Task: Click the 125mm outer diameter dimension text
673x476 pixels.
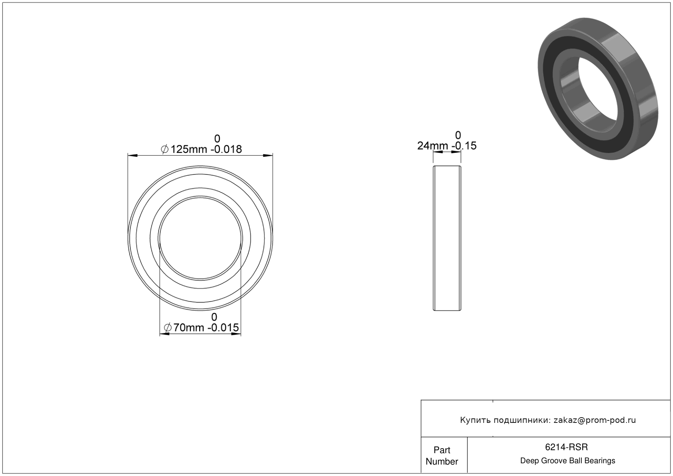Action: click(x=189, y=149)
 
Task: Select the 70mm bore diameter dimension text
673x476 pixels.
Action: click(x=189, y=328)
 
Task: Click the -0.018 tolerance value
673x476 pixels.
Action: click(x=226, y=149)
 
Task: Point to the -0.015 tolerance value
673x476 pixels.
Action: click(x=223, y=328)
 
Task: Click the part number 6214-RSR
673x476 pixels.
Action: click(x=566, y=447)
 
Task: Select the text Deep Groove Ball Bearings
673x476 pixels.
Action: click(x=568, y=461)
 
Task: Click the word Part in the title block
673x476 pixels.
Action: click(x=442, y=450)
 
